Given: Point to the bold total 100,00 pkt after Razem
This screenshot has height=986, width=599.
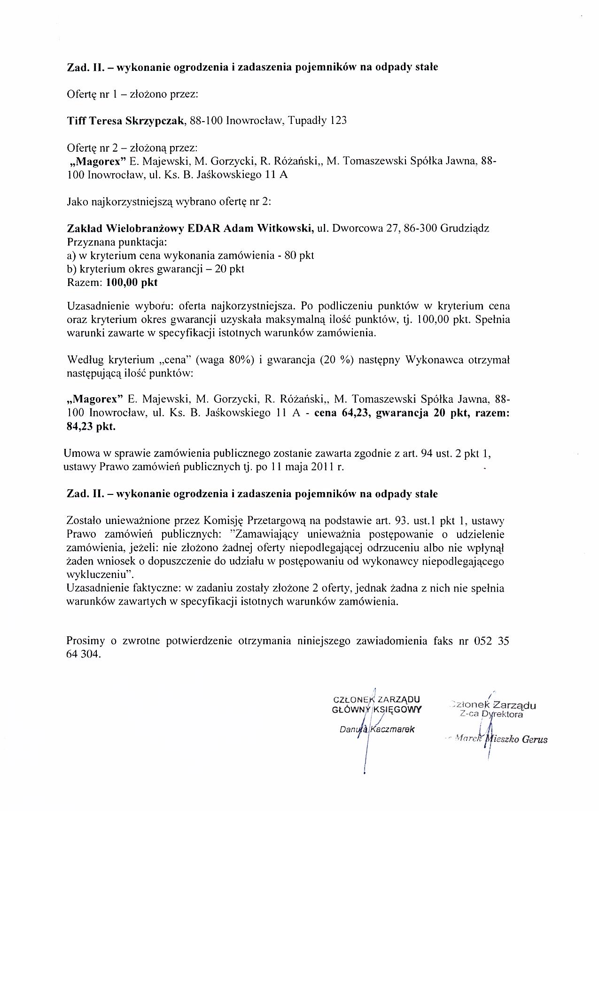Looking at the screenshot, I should tap(132, 283).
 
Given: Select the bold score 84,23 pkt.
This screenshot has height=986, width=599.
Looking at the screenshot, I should tap(91, 427).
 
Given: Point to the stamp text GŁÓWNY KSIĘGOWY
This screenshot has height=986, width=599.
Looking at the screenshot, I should tap(376, 709).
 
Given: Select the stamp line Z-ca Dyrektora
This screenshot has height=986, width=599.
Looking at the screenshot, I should tap(491, 715).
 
